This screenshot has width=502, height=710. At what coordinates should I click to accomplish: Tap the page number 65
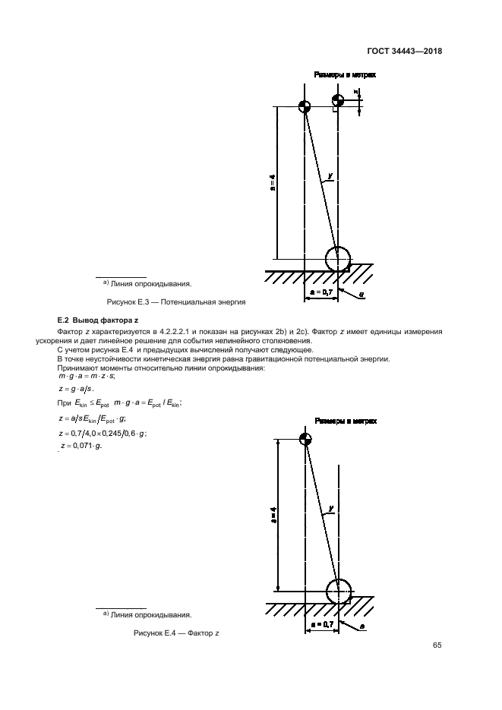tap(437, 645)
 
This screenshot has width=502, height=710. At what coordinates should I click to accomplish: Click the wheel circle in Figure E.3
tap(338, 259)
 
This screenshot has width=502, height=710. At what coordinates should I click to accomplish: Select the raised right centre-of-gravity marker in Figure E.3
tap(336, 100)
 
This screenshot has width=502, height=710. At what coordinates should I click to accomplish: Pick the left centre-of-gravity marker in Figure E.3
tap(304, 106)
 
